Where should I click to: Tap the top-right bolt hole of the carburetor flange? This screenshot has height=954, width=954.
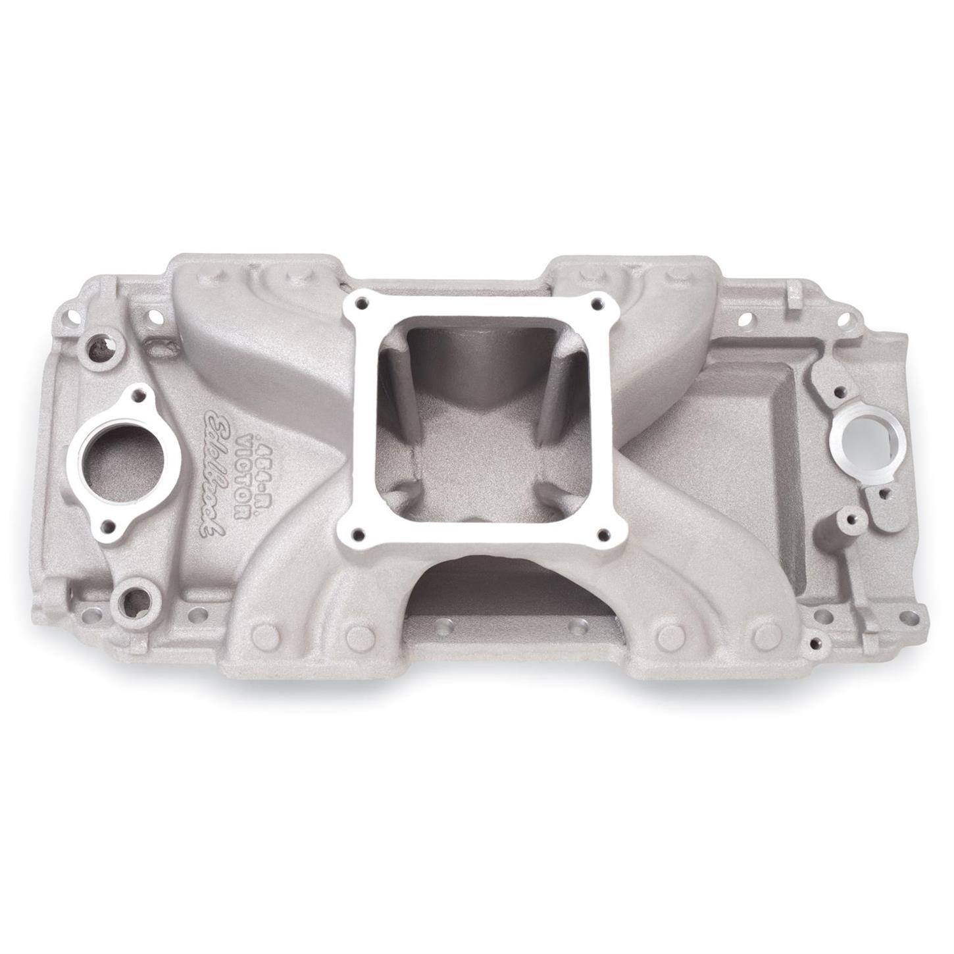tap(597, 303)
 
